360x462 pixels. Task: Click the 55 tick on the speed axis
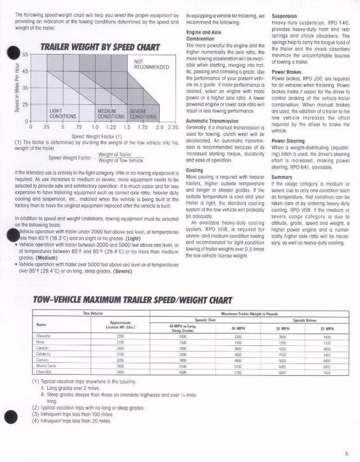coord(25,54)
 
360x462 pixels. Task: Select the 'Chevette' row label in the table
coord(44,336)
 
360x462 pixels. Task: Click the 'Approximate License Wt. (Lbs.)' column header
coord(120,325)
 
